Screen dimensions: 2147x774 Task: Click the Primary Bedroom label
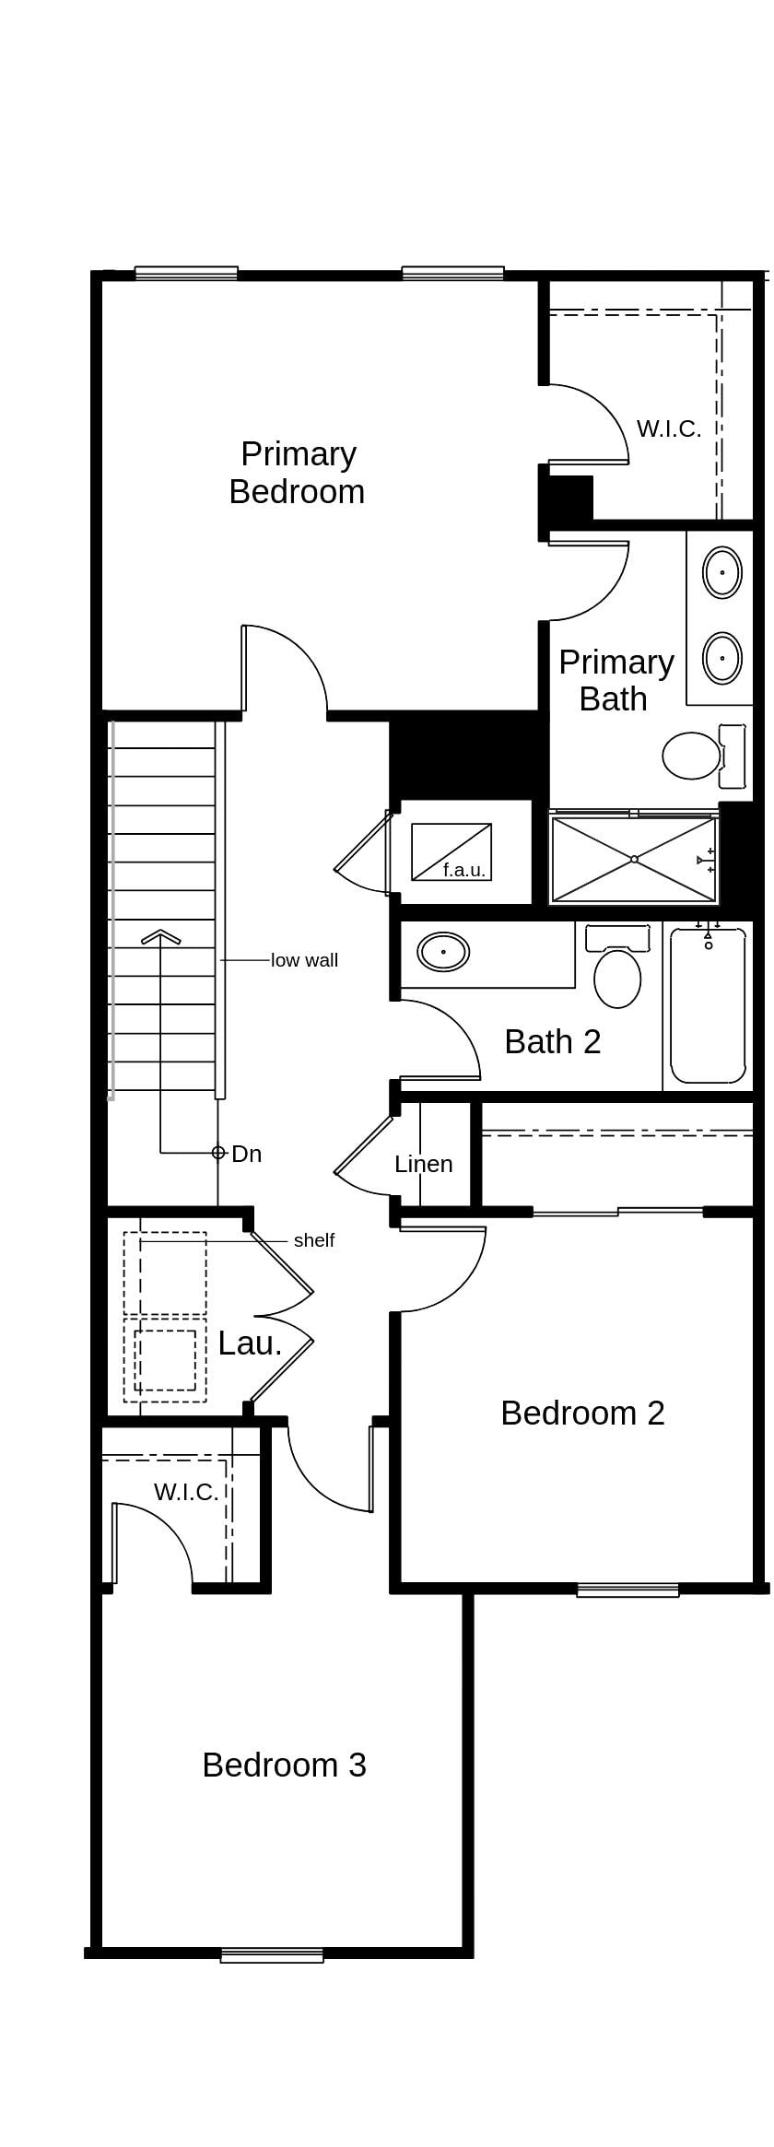tap(297, 473)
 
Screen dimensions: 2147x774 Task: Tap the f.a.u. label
tap(463, 870)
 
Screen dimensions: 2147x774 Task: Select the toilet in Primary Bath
tap(693, 755)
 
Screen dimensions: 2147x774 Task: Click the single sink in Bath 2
tap(443, 952)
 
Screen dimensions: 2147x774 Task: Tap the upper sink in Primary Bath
tap(721, 572)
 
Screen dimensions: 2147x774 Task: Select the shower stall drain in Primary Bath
tap(634, 859)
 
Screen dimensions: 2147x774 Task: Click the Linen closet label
tap(423, 1164)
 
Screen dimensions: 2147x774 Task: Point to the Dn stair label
tap(246, 1154)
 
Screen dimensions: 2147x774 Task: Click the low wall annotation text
tap(304, 960)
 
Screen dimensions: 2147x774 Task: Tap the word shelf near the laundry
tap(313, 1240)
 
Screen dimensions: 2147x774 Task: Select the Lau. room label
tap(250, 1343)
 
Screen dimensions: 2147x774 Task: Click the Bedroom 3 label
tap(284, 1765)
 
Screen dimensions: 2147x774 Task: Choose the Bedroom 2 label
tap(582, 1413)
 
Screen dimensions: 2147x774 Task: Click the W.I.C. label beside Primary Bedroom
tap(669, 428)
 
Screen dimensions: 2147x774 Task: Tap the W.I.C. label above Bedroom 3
tap(186, 1492)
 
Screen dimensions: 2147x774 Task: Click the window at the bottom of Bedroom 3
tap(272, 1955)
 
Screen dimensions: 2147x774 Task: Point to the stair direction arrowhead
tap(161, 937)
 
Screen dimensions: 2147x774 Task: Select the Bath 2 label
tap(553, 1041)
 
